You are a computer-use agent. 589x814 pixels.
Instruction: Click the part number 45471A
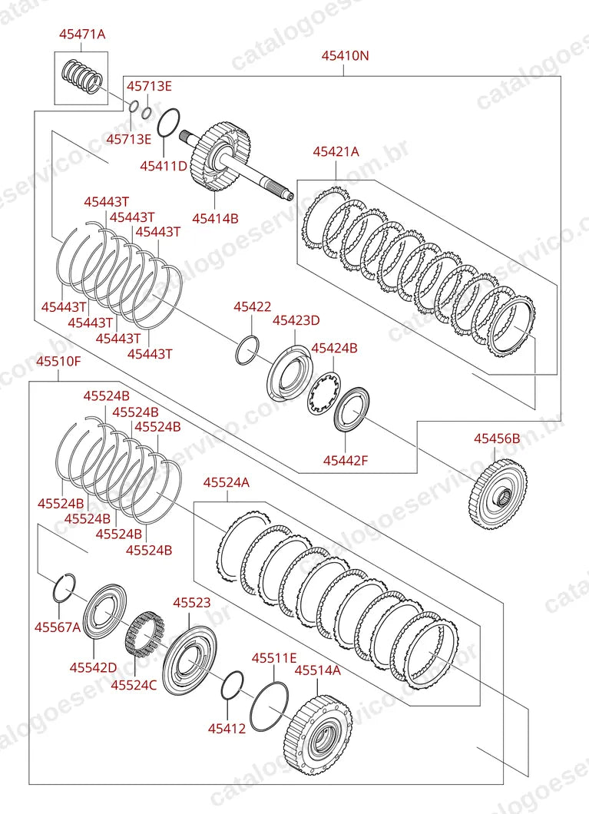[x=82, y=35]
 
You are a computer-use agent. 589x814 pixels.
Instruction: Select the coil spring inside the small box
[x=82, y=77]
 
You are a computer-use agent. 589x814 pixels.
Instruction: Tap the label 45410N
[x=345, y=55]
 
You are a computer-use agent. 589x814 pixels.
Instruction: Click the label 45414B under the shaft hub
[x=215, y=219]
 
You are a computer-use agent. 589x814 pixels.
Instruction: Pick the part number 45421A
[x=336, y=151]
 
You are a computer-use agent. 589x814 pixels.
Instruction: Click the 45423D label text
[x=296, y=320]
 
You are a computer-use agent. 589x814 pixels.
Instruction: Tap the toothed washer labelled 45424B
[x=323, y=393]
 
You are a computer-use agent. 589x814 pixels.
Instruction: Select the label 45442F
[x=346, y=460]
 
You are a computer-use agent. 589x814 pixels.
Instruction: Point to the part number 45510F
[x=58, y=362]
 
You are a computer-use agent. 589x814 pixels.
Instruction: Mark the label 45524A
[x=227, y=483]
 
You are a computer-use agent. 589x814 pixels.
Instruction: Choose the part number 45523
[x=192, y=603]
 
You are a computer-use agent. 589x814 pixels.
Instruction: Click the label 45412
[x=227, y=729]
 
